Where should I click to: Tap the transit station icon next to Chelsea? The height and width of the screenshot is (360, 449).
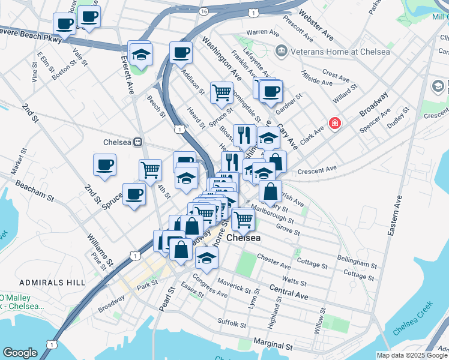[x=138, y=142]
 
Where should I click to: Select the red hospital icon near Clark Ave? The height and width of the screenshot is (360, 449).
[x=334, y=124]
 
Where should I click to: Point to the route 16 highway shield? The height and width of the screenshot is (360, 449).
[x=205, y=11]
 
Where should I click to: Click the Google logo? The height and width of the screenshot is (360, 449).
[x=20, y=353]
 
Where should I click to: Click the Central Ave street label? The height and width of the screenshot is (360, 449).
[x=289, y=292]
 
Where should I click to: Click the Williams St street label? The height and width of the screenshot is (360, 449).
[x=100, y=250]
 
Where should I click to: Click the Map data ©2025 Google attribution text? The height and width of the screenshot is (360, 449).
[x=412, y=355]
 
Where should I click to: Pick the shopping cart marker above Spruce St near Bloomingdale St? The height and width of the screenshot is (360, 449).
[x=221, y=92]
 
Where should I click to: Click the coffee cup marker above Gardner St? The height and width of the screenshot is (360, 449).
[x=271, y=91]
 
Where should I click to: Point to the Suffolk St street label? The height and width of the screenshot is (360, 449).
[x=232, y=323]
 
